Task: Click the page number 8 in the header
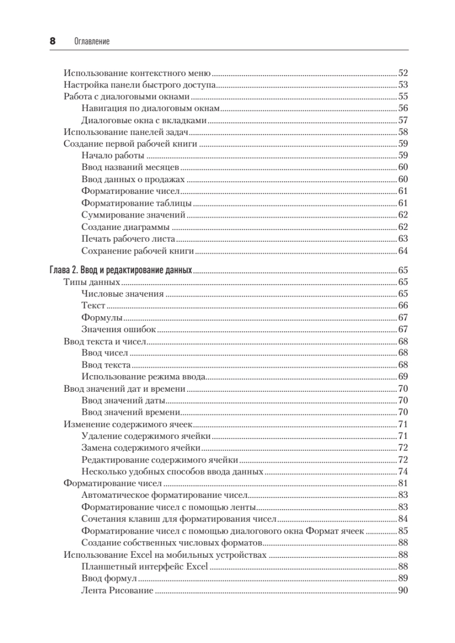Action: [x=53, y=41]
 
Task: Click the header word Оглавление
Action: [x=88, y=41]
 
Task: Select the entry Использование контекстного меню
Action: [x=137, y=73]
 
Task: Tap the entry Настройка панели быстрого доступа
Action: [x=139, y=85]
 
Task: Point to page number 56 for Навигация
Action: [x=403, y=108]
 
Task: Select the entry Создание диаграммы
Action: [x=123, y=226]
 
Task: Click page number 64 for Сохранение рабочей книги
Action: [x=403, y=251]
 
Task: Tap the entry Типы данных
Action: [x=91, y=282]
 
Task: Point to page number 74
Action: [x=403, y=472]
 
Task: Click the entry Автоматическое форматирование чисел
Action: [x=163, y=495]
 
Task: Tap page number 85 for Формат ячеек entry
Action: [x=403, y=530]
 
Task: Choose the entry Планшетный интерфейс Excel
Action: [x=144, y=566]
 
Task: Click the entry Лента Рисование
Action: [x=117, y=589]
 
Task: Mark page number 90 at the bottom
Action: [x=403, y=589]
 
